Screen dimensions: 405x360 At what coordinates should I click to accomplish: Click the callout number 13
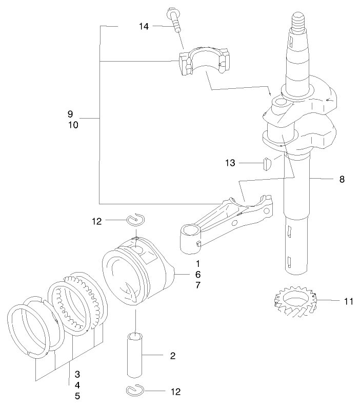click(230, 163)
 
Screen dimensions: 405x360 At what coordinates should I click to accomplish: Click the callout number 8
click(342, 179)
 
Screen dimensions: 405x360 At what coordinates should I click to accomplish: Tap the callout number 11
click(349, 301)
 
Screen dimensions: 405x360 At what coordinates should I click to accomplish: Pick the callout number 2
click(173, 355)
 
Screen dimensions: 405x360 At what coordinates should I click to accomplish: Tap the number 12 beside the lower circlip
click(175, 392)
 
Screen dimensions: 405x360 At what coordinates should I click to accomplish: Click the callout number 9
click(70, 113)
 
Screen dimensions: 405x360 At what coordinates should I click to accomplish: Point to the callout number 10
click(73, 125)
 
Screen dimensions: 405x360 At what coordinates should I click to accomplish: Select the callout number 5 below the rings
click(77, 396)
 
